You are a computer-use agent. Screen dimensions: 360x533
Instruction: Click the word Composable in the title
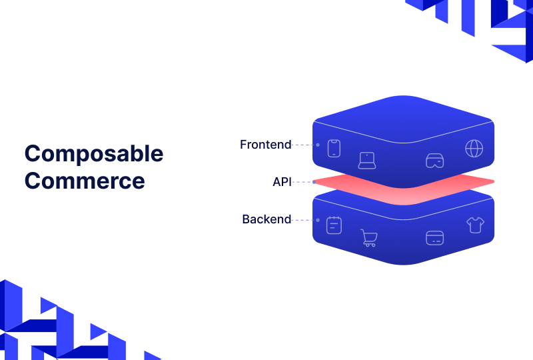(93, 154)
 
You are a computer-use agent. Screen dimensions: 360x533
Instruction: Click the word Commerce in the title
(85, 181)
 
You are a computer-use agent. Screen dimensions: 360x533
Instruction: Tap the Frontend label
(266, 145)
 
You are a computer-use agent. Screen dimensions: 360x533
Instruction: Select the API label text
(282, 181)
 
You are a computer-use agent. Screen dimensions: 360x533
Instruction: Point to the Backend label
(266, 219)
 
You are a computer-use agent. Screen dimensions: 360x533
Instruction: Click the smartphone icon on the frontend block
(334, 148)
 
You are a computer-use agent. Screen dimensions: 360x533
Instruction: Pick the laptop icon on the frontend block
(367, 161)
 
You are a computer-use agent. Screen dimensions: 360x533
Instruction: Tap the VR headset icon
(434, 161)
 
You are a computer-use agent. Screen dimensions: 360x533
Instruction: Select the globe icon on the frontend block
(474, 148)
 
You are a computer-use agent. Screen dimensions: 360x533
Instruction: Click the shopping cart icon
(368, 238)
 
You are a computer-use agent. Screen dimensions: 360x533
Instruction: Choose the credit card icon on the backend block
(434, 237)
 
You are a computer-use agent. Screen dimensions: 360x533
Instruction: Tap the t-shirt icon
(475, 225)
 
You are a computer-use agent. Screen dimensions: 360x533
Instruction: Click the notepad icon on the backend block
(334, 225)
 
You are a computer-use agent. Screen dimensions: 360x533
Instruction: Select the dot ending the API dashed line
(314, 181)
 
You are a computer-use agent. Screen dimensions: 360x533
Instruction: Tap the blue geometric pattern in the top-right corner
(480, 20)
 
